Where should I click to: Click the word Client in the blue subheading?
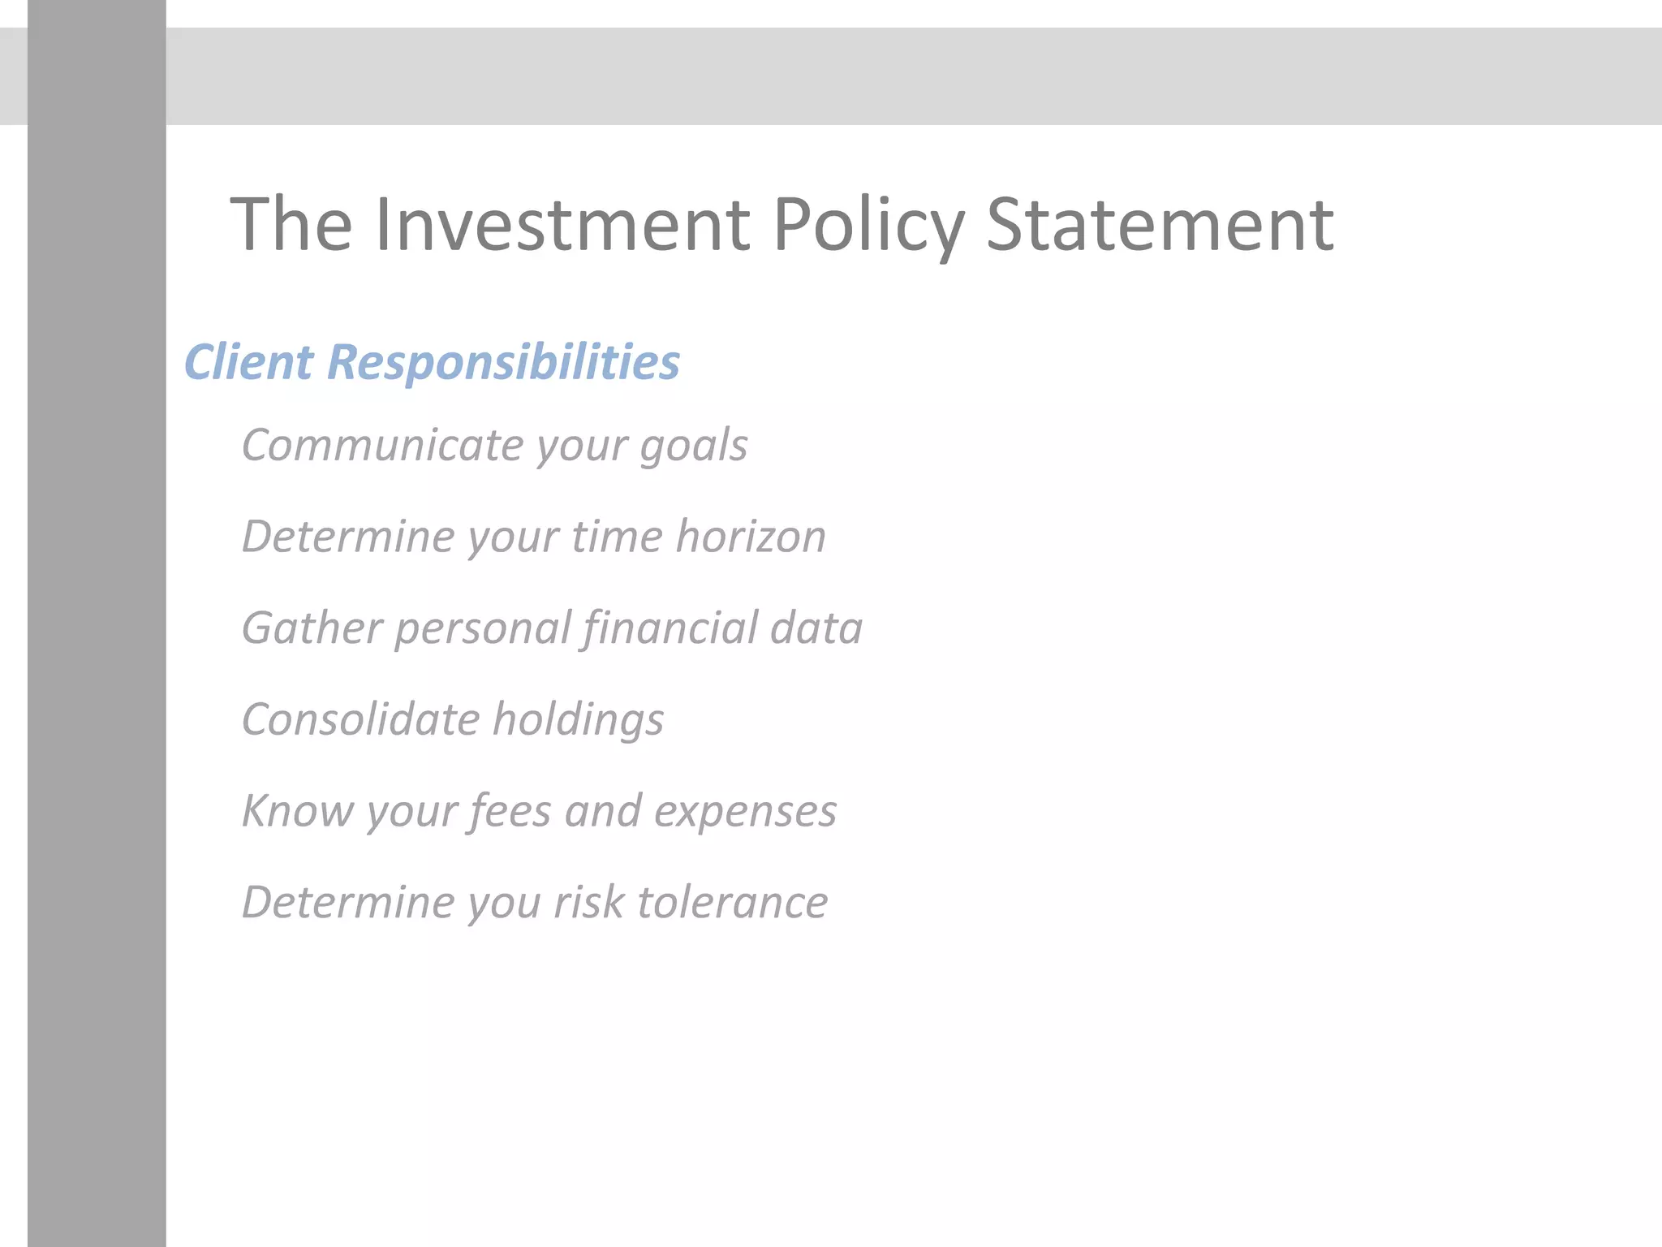tap(248, 361)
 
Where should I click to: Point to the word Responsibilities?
tap(503, 361)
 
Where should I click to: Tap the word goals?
tap(694, 447)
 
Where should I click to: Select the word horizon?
tap(751, 536)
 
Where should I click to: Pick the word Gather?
tap(312, 628)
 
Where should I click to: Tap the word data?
tap(816, 628)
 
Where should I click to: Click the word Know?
tap(298, 810)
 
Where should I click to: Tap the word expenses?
tap(745, 812)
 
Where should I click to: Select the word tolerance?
tap(733, 902)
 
